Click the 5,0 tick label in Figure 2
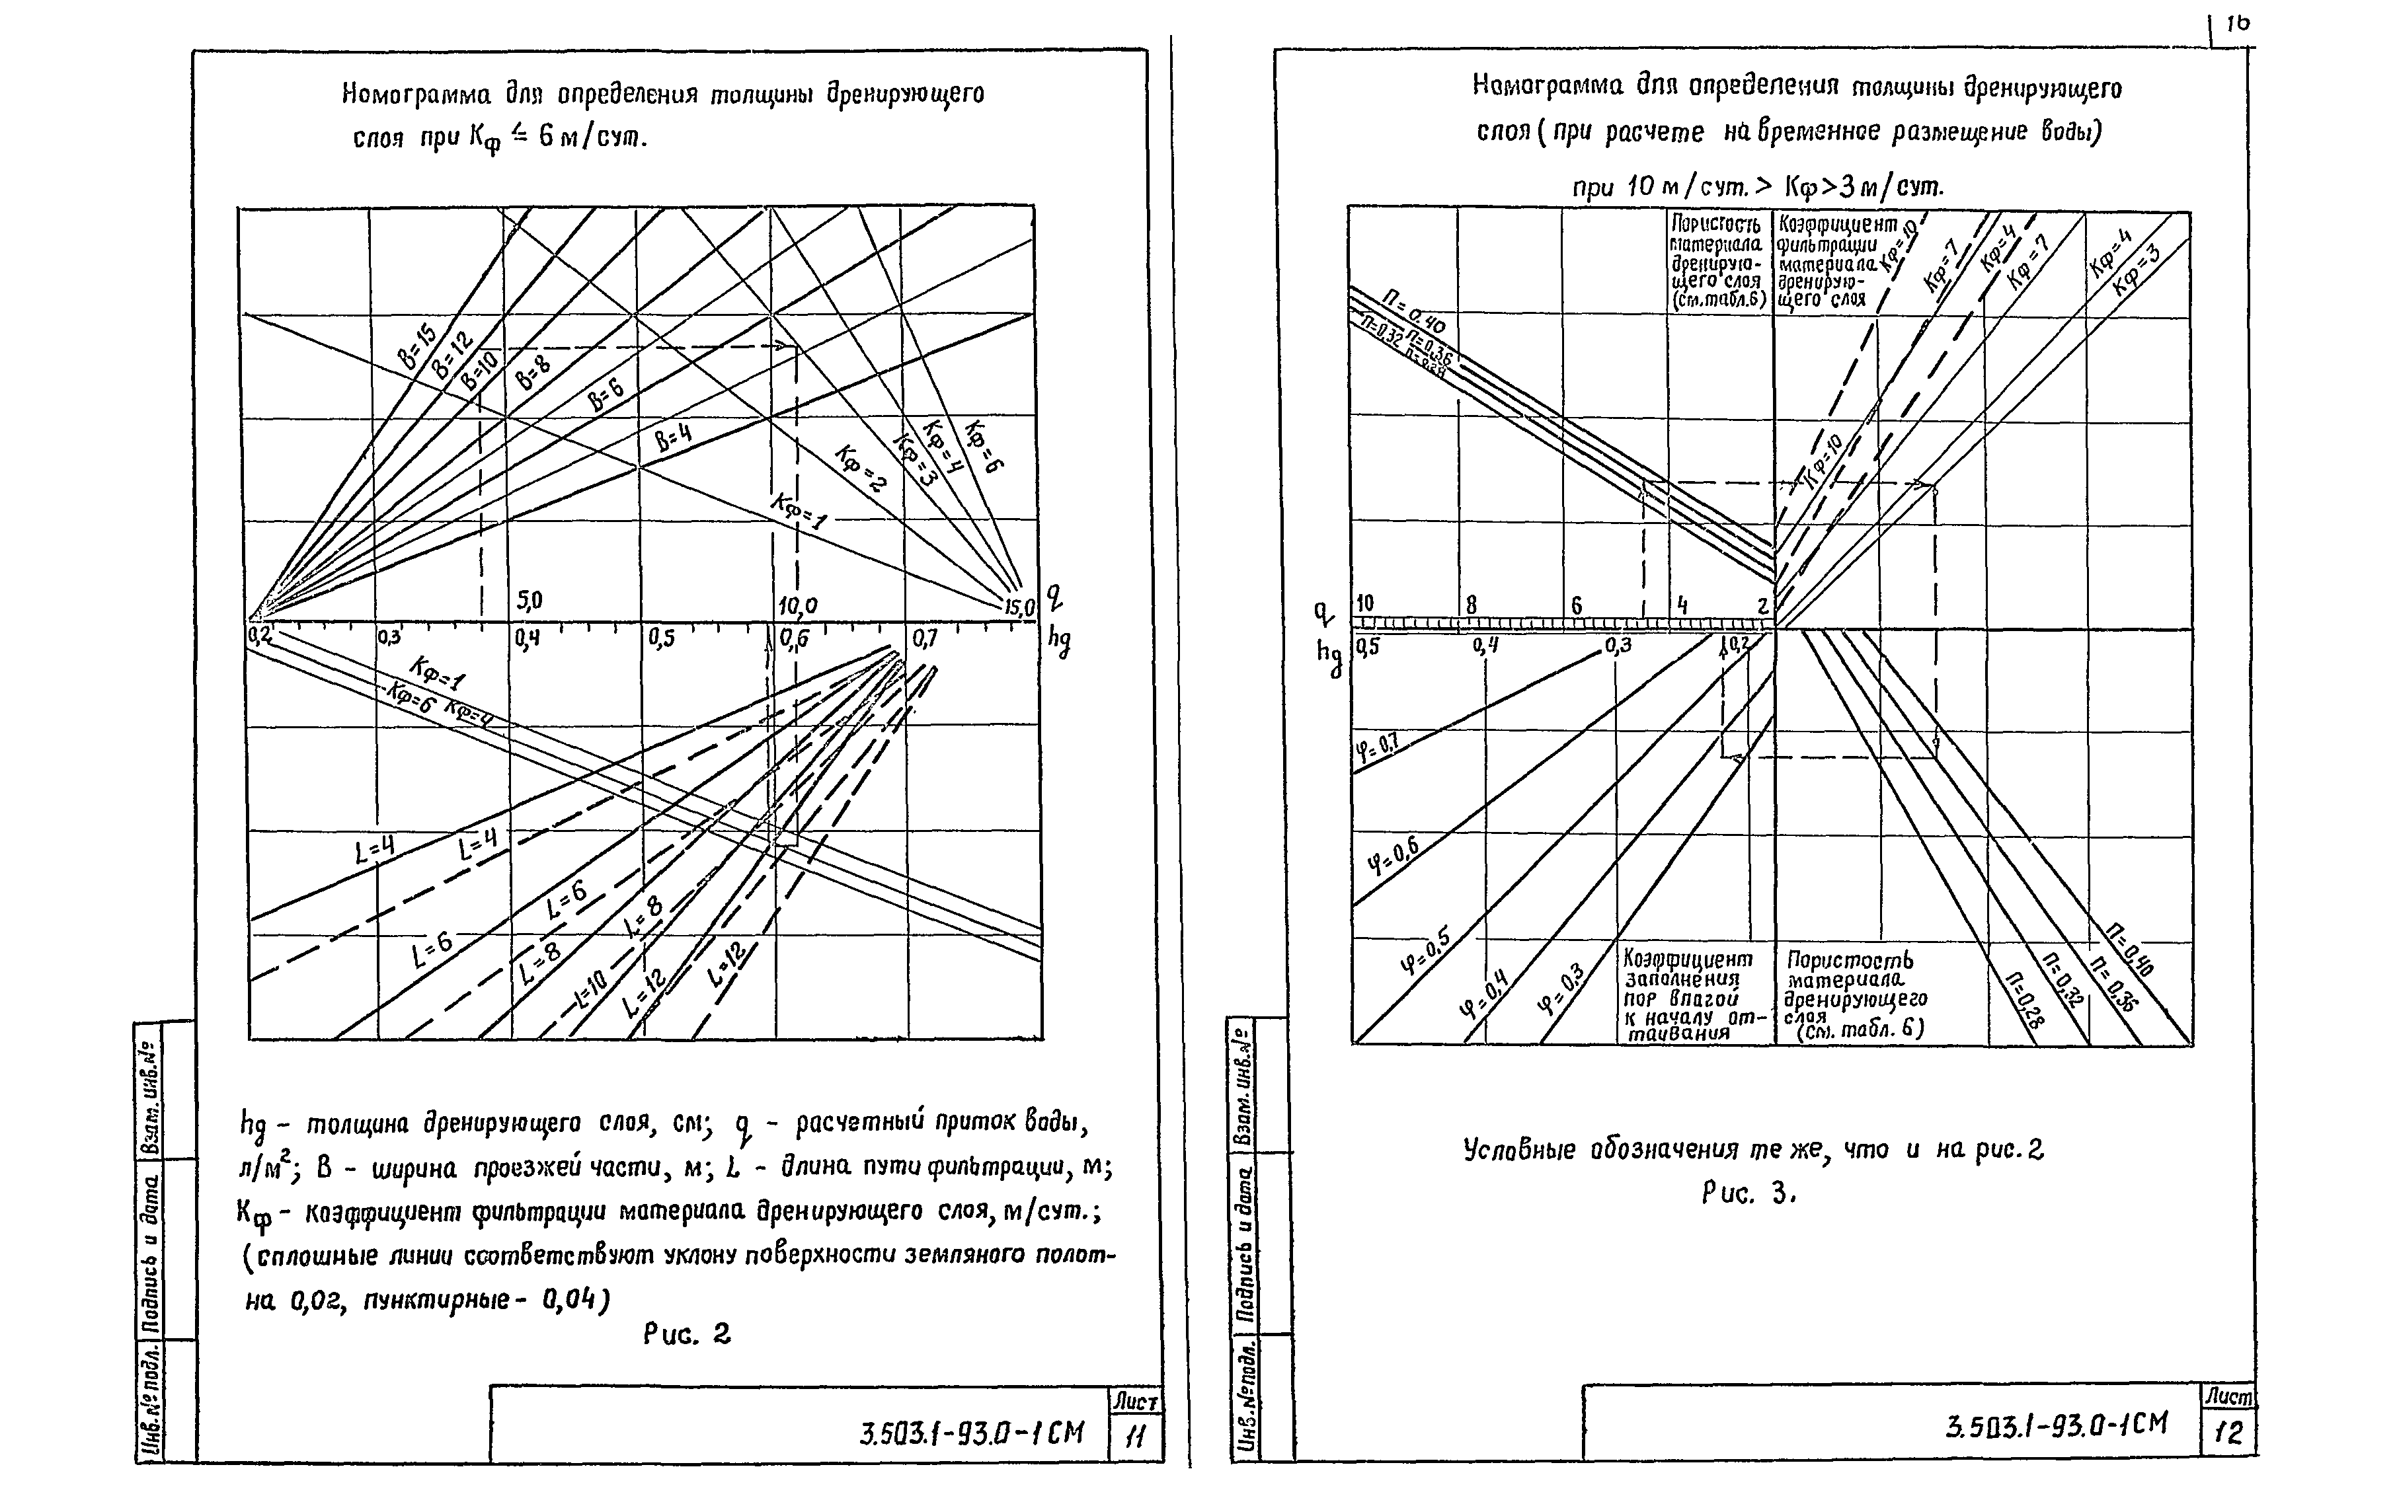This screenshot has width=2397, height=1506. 529,601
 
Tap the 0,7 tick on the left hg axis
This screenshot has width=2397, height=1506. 925,638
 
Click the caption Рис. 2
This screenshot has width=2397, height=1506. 687,1334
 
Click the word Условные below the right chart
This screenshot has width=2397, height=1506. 1520,1150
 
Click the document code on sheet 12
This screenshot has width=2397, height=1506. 2056,1425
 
